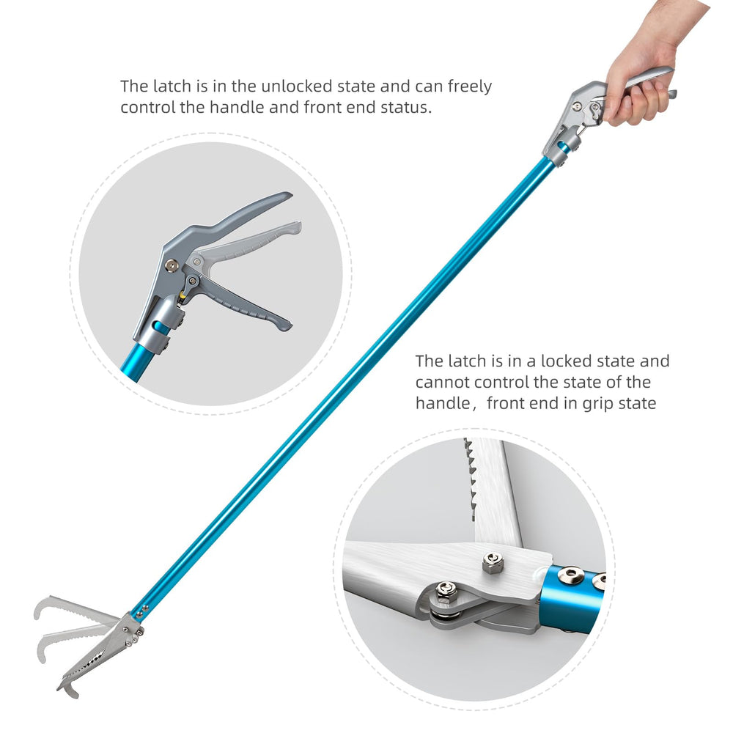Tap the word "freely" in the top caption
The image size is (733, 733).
tap(470, 87)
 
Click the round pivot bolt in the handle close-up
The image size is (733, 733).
tap(172, 266)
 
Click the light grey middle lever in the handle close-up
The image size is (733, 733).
tap(248, 243)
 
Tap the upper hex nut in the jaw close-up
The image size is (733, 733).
tap(493, 562)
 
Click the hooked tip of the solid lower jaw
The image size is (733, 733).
tap(67, 690)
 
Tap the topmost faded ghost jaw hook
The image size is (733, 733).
tap(42, 608)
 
